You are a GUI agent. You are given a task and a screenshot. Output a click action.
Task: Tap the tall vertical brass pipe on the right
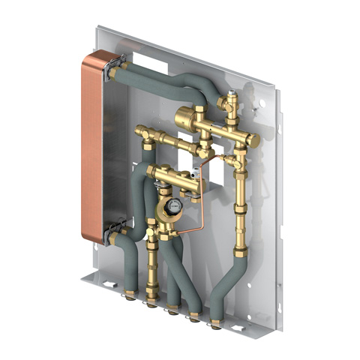[x=241, y=202]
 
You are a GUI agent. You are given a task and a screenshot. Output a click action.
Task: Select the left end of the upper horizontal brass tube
[x=142, y=133]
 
